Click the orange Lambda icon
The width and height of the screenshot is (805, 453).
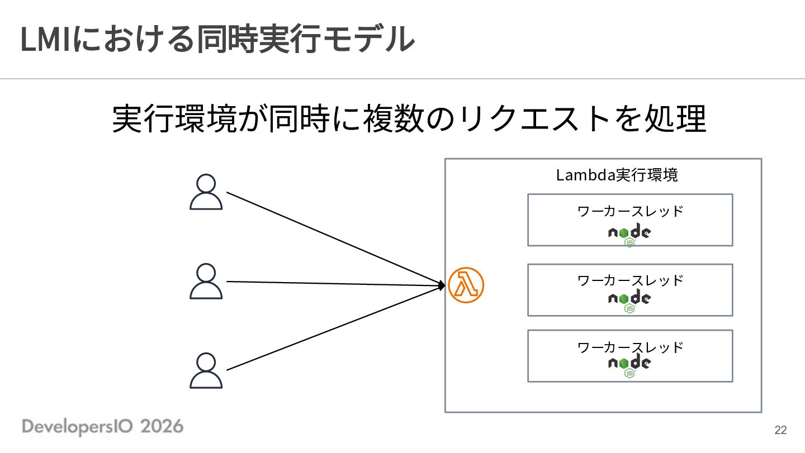466,285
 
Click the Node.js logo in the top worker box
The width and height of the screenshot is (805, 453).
629,235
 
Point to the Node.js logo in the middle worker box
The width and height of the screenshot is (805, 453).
629,301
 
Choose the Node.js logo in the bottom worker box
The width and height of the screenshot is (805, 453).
629,366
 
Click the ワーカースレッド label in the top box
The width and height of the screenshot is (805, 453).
630,211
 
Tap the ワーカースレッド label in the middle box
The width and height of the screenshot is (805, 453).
630,280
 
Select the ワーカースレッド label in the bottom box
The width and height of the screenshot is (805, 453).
630,347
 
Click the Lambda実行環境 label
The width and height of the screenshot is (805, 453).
617,175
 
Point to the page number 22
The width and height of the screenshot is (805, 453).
780,430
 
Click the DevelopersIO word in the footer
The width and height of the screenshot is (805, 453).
77,427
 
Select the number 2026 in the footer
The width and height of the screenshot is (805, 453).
162,426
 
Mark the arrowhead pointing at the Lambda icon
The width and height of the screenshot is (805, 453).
442,286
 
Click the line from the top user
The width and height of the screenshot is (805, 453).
334,238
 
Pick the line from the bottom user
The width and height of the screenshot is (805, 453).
334,328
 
